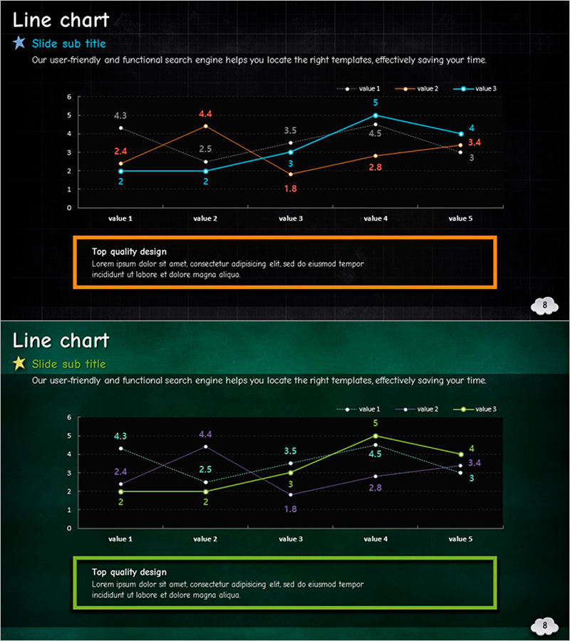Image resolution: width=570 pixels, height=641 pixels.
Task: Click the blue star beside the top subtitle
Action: click(19, 43)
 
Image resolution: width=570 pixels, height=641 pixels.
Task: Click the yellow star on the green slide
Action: click(19, 364)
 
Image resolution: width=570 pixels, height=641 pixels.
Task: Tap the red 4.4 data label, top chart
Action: click(205, 114)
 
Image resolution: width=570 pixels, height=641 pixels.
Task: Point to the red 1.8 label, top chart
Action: click(291, 189)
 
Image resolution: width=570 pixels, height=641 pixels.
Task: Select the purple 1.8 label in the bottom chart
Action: click(291, 509)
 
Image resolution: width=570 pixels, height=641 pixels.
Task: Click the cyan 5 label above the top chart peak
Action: click(375, 103)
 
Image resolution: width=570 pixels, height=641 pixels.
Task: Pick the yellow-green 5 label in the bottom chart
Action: click(375, 423)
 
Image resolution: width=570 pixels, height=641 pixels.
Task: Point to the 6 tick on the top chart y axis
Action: click(69, 97)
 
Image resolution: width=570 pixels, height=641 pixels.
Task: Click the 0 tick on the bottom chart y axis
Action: click(69, 528)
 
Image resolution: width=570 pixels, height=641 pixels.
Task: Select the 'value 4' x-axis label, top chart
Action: click(375, 219)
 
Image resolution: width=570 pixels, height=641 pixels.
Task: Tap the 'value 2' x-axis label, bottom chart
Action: click(205, 539)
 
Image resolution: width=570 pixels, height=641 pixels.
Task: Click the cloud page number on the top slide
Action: click(545, 306)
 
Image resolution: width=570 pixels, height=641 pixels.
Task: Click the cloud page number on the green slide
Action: click(545, 626)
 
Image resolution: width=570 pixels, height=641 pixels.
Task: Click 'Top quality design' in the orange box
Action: click(129, 251)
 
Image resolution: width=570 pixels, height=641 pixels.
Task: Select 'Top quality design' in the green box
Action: click(129, 572)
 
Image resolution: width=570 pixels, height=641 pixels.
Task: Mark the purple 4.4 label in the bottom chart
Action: click(205, 434)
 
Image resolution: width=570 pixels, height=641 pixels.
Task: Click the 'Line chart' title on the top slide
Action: click(61, 20)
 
